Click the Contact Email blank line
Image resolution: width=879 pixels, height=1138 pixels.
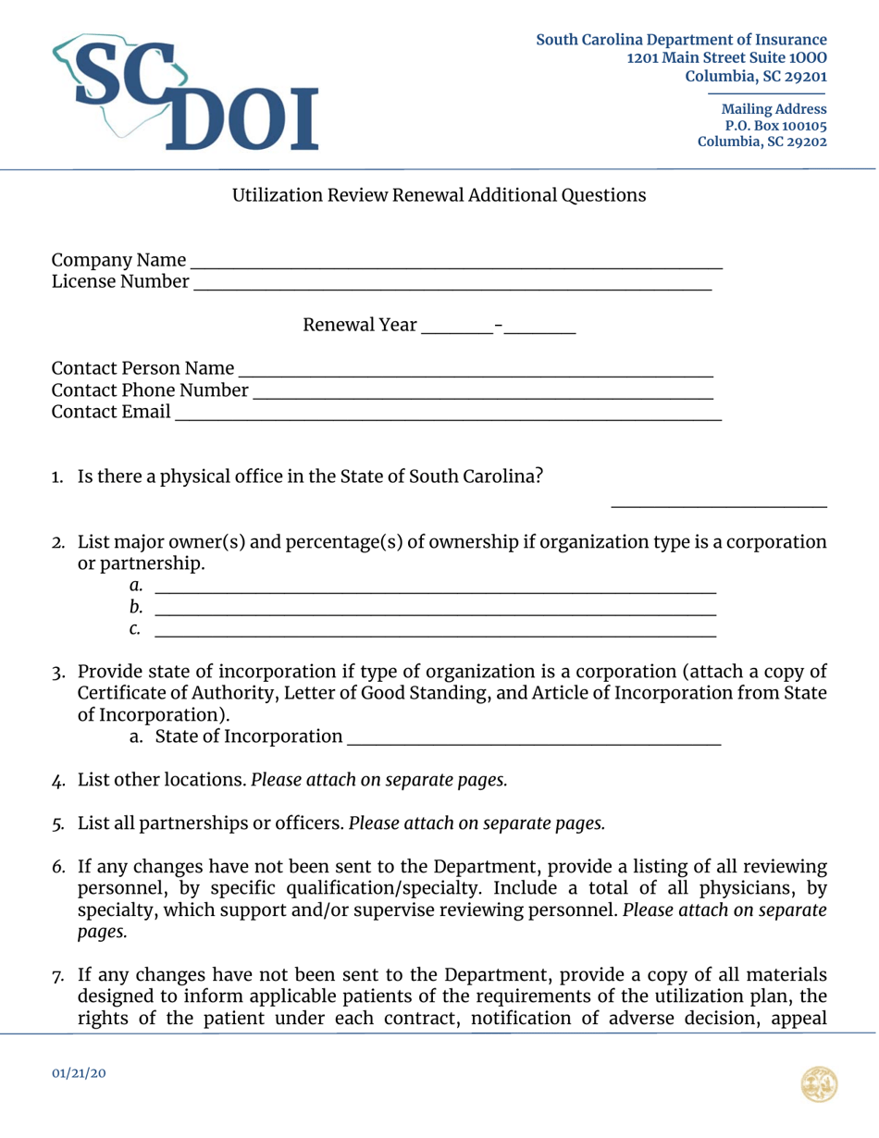tap(448, 414)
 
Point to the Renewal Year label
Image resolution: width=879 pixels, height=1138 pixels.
tap(358, 327)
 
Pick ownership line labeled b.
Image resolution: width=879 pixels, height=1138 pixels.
tap(435, 609)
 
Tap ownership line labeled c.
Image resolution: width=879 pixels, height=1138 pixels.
tap(435, 631)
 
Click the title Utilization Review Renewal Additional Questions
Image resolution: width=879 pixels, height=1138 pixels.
tap(439, 196)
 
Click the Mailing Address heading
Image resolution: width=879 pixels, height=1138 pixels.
tap(774, 109)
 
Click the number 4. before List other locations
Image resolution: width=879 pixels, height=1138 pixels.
tap(57, 780)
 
